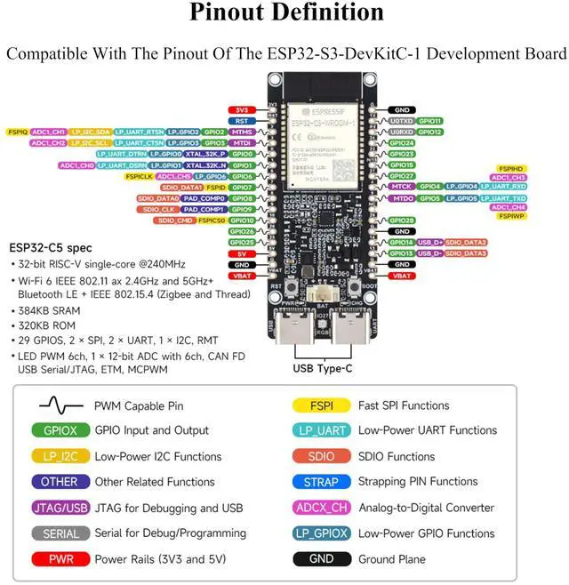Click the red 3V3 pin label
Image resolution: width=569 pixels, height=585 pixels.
[242, 109]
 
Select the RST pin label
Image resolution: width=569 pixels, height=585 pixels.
[242, 120]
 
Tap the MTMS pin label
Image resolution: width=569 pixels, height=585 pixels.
[242, 132]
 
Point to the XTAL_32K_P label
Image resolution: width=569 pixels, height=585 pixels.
[205, 154]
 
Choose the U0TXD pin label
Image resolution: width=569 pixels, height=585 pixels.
[402, 120]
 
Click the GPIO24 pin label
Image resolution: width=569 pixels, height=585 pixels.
[403, 142]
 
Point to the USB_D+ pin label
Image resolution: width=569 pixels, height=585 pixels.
[430, 242]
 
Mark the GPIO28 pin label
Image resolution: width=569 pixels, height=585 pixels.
[403, 220]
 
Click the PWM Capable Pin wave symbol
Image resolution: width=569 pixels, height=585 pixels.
[60, 405]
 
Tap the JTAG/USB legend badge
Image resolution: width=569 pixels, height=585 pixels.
[60, 508]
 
